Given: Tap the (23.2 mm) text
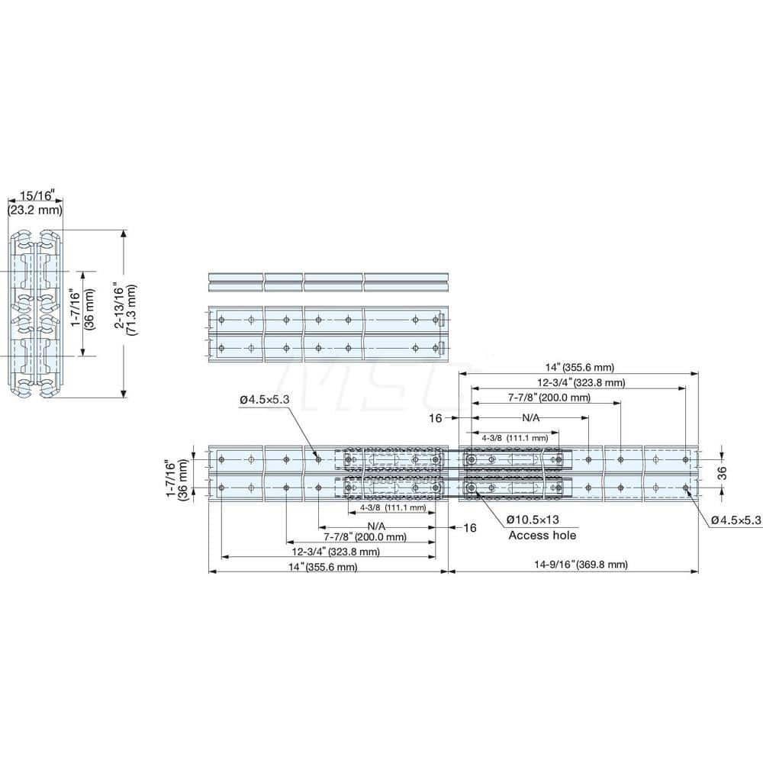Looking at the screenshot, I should [35, 210].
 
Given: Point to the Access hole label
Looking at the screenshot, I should [542, 535].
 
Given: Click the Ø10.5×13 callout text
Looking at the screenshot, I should [541, 520].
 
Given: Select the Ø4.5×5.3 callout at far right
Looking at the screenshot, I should [736, 520].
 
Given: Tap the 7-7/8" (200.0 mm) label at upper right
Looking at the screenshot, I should [549, 398].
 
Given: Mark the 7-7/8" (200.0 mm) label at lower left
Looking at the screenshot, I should [365, 536].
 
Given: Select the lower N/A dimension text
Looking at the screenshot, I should [376, 526].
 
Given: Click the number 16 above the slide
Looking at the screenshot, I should [436, 418].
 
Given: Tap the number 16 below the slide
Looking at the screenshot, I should [469, 527].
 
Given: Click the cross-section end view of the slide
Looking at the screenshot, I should [35, 314].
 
